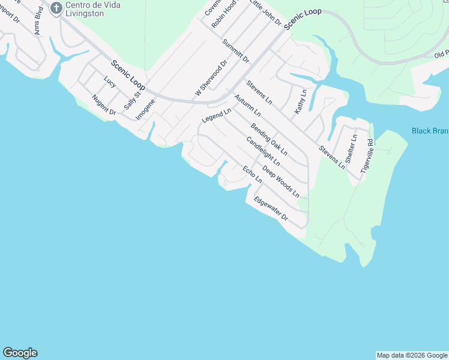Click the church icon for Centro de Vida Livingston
click(56, 8)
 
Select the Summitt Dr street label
click(235, 51)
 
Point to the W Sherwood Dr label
click(211, 79)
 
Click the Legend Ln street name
click(216, 116)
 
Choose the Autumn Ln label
click(247, 105)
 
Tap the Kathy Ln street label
click(300, 102)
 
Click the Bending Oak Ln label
click(269, 139)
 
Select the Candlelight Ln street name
click(263, 151)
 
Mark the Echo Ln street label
click(252, 174)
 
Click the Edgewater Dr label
click(271, 209)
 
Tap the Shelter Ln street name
click(352, 148)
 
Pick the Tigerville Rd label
click(367, 157)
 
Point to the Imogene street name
click(145, 109)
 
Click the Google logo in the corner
click(20, 353)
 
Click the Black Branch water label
click(430, 131)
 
